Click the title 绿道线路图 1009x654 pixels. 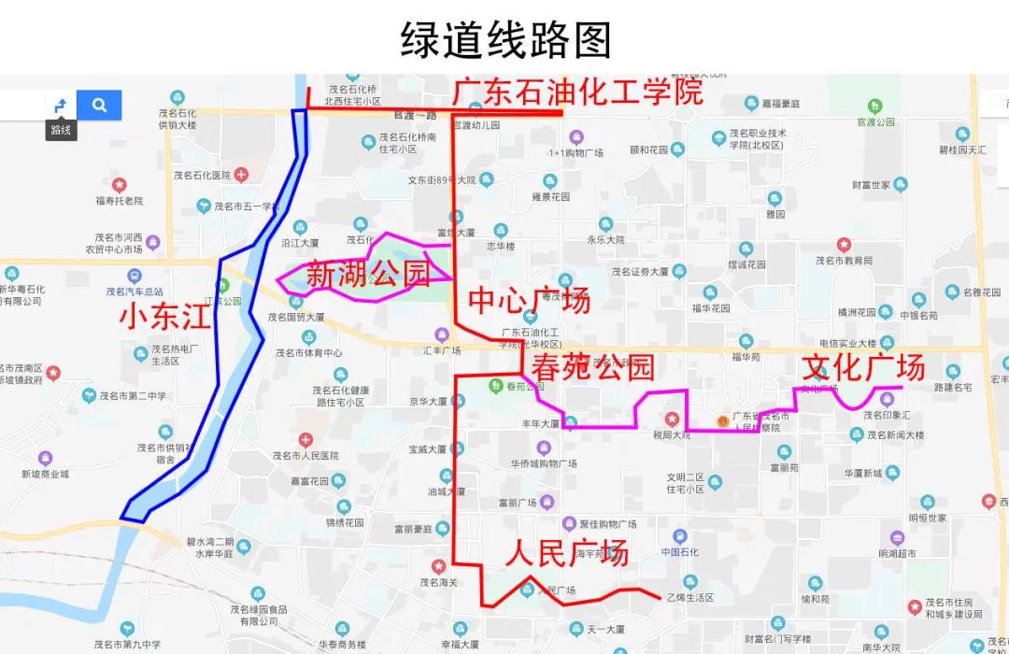[505, 40]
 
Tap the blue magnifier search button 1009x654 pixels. [99, 106]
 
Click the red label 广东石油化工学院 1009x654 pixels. [576, 92]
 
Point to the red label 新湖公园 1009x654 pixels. [367, 275]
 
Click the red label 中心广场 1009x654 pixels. [529, 301]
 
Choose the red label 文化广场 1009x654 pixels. [864, 366]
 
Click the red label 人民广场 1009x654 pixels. [566, 552]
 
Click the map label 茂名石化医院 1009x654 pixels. [202, 175]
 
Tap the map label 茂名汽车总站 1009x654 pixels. [135, 291]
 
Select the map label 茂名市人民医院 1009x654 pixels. [306, 455]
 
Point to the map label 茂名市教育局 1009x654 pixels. [844, 261]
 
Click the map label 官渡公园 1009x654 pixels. [875, 121]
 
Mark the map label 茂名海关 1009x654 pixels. [438, 582]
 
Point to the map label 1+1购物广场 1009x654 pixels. [576, 152]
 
